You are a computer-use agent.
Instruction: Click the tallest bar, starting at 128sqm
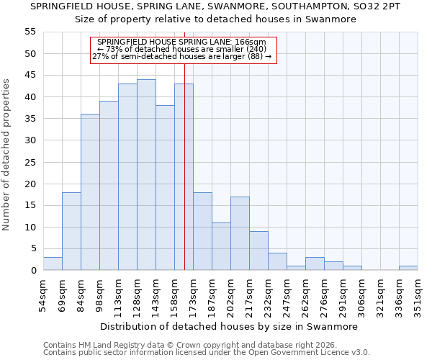(x=146, y=175)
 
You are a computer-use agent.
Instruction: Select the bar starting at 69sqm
(x=71, y=231)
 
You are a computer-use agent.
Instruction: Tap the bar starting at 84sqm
(x=90, y=192)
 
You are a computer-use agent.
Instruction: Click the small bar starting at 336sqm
(x=408, y=268)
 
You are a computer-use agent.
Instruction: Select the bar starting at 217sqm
(x=258, y=251)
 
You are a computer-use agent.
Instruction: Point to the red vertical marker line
(x=184, y=180)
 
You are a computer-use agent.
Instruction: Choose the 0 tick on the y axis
(x=33, y=271)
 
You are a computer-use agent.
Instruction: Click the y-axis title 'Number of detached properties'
(x=7, y=155)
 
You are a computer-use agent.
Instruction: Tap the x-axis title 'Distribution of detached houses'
(x=228, y=326)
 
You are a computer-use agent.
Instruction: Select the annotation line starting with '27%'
(x=182, y=56)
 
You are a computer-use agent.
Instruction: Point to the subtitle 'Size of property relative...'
(x=216, y=19)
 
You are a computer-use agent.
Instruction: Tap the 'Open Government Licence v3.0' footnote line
(x=207, y=352)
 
